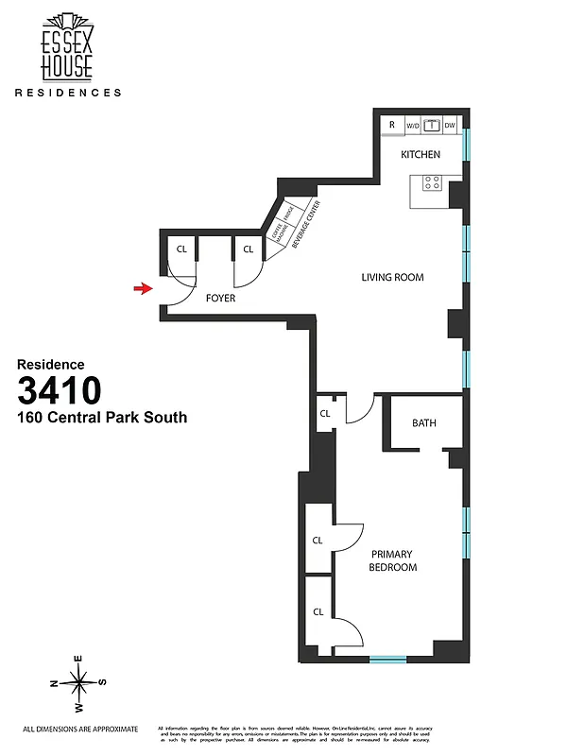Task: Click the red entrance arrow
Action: coord(143,288)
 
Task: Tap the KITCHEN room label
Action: coord(421,154)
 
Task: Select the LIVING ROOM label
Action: coord(392,278)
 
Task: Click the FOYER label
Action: coord(220,298)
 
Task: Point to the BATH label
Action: coord(424,422)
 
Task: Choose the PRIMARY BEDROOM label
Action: coord(393,560)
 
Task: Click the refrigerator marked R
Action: coord(391,125)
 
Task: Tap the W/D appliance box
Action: coord(413,125)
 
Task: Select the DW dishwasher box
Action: coord(451,125)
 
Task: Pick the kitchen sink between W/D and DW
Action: coord(432,125)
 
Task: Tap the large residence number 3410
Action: coord(60,390)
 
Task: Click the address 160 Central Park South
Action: coord(102,417)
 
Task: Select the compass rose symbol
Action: coord(80,681)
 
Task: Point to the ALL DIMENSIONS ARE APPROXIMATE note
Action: coord(80,729)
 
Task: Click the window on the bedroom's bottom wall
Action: coord(387,659)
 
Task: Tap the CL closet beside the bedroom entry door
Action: coord(324,414)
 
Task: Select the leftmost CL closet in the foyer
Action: coord(181,249)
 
